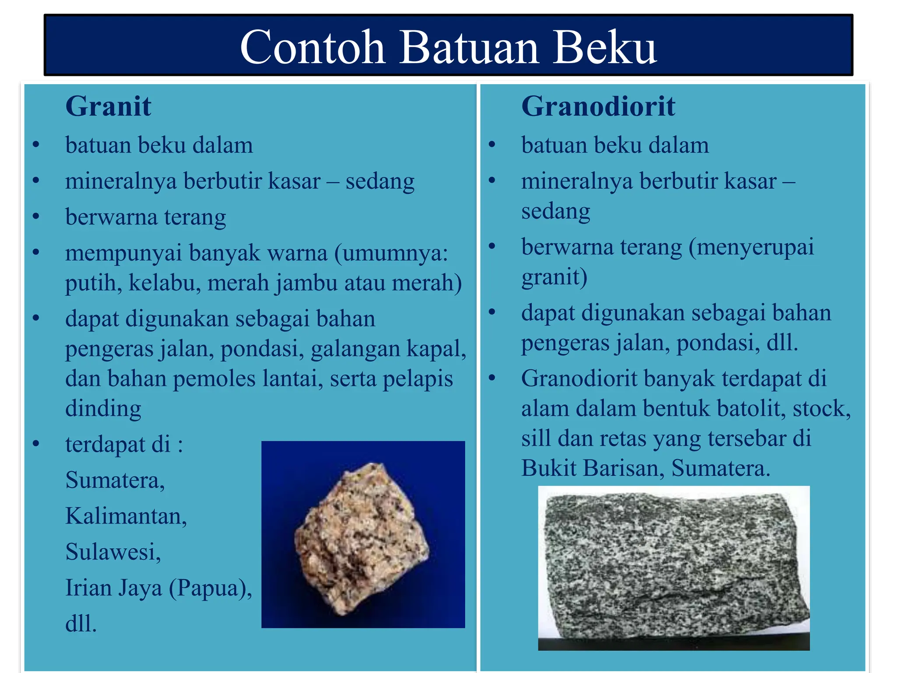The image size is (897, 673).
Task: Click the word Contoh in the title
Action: pyautogui.click(x=312, y=47)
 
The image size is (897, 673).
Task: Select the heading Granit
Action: pyautogui.click(x=108, y=106)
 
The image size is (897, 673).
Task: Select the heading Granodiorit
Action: pyautogui.click(x=598, y=106)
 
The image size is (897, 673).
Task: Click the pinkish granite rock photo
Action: pyautogui.click(x=362, y=538)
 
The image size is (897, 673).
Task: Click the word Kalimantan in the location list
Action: pyautogui.click(x=126, y=516)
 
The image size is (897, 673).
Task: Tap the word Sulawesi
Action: pyautogui.click(x=113, y=552)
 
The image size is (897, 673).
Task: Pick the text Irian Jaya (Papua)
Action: pyautogui.click(x=158, y=588)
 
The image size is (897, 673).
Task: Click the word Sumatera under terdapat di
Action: pyautogui.click(x=115, y=480)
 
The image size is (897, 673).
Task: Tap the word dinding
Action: pyautogui.click(x=103, y=409)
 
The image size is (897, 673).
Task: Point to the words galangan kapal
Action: pyautogui.click(x=388, y=349)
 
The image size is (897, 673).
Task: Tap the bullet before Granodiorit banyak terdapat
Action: pyautogui.click(x=492, y=378)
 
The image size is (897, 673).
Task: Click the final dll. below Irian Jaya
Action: pyautogui.click(x=81, y=623)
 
